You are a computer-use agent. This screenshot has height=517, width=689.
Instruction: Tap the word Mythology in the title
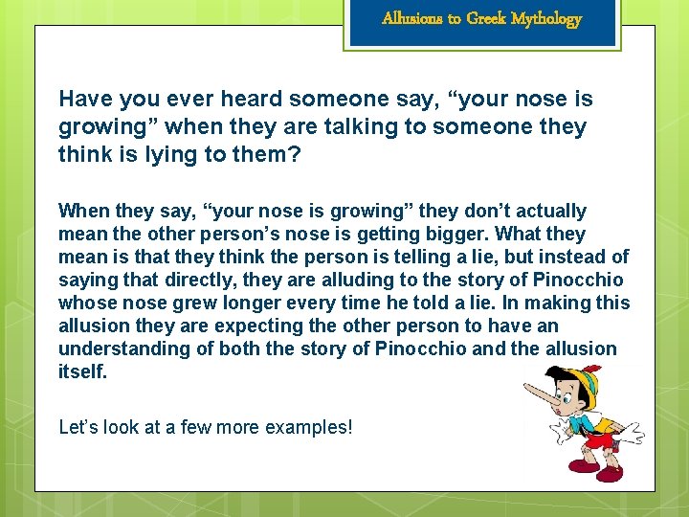[x=545, y=18]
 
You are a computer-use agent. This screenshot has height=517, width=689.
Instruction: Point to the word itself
[x=82, y=371]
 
